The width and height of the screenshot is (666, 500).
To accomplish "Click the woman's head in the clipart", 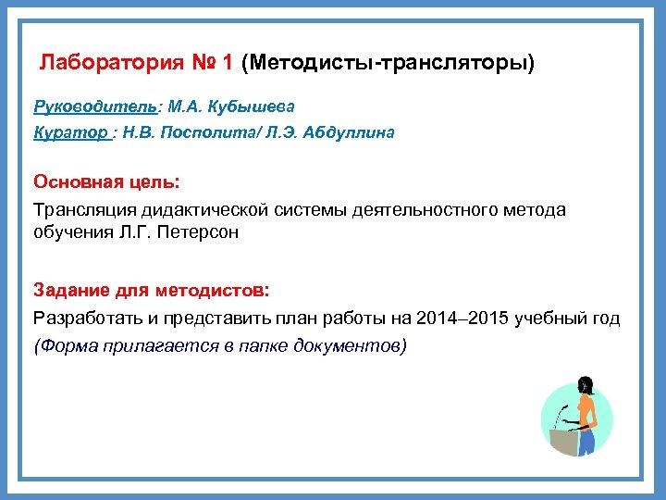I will click(584, 384).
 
